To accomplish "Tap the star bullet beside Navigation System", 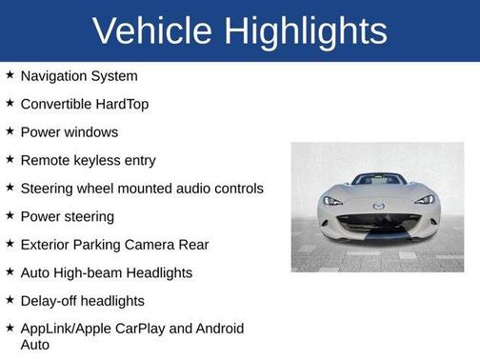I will tap(10, 74).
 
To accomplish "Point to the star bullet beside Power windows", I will tap(10, 130).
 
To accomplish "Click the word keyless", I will tap(100, 161).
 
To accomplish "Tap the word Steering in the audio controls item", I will tap(49, 189).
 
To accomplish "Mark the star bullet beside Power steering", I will tap(10, 215).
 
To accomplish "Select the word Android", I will tap(217, 329).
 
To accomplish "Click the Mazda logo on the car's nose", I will tap(378, 206).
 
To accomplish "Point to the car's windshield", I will tap(378, 179).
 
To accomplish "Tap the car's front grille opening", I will tap(378, 223).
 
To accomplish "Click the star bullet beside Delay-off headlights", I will tap(10, 299).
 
